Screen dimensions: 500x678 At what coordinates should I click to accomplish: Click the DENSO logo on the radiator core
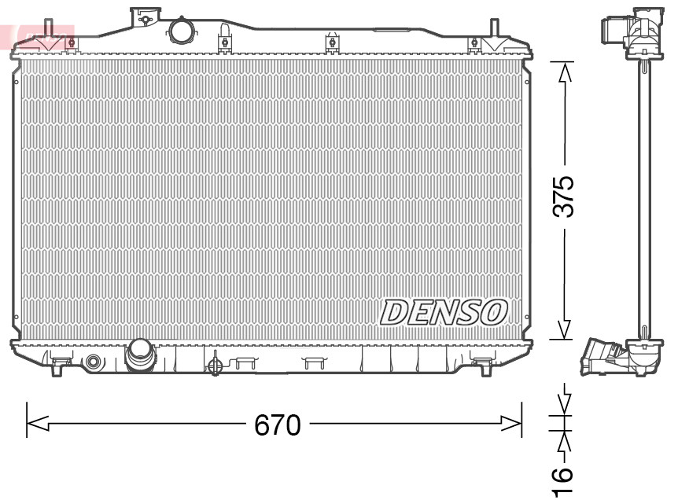tap(443, 312)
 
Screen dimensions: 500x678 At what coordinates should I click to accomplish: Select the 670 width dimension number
tap(277, 425)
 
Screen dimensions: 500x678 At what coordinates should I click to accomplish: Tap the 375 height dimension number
tap(564, 197)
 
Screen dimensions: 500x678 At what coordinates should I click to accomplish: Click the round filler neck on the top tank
tap(181, 31)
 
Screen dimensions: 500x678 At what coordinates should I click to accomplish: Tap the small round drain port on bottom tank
tap(94, 362)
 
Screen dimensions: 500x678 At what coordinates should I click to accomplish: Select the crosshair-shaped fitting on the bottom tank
tap(214, 364)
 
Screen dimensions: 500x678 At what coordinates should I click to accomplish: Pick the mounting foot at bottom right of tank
tap(481, 362)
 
